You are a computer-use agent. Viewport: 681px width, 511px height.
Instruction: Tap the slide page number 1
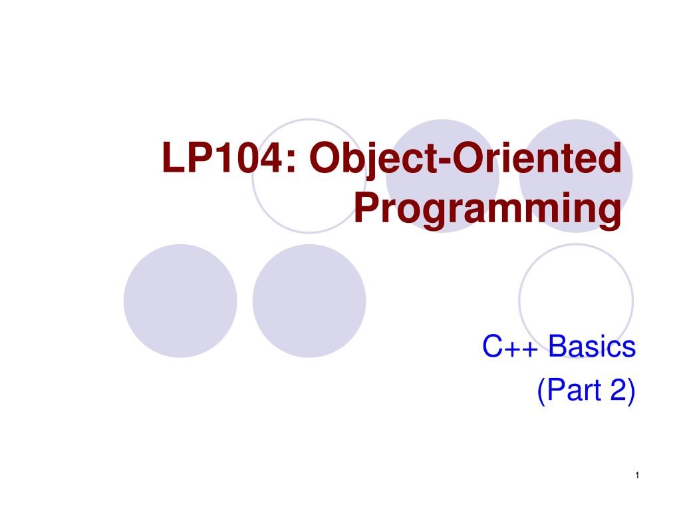point(636,474)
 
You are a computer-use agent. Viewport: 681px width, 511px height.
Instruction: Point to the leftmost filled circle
point(180,301)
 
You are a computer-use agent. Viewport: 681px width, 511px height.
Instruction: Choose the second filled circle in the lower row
point(309,301)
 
